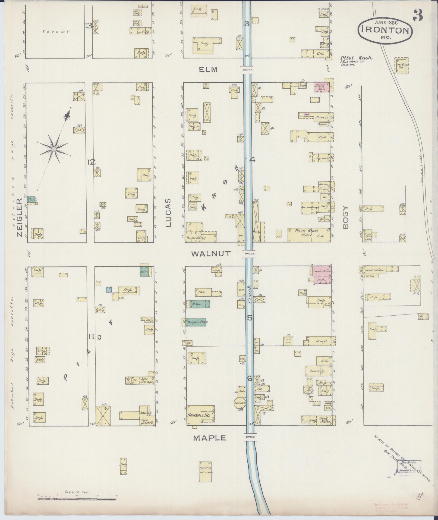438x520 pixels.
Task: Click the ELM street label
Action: click(208, 70)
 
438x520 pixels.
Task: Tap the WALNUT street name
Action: click(211, 254)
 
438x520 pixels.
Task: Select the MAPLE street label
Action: click(209, 438)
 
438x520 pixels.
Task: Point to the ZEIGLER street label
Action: click(19, 217)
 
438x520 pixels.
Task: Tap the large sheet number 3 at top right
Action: click(418, 15)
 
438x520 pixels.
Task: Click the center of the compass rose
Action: click(54, 149)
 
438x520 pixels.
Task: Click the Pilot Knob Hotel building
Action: click(310, 235)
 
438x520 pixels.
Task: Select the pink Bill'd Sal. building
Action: click(322, 87)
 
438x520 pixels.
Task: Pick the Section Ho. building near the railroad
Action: click(401, 66)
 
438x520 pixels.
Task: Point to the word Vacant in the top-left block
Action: click(57, 32)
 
